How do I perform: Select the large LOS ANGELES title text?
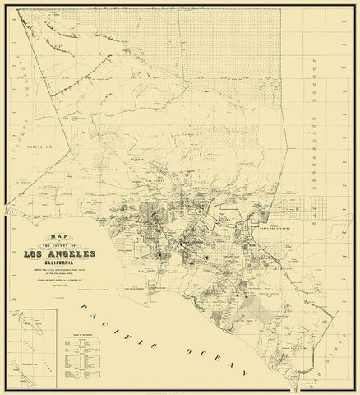coord(72,254)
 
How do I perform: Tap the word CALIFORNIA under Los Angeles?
coord(72,264)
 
